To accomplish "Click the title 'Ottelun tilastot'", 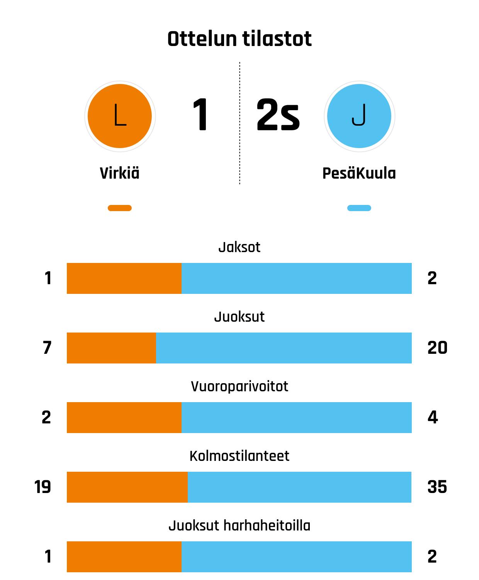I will (x=239, y=39).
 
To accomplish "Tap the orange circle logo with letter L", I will (x=120, y=116).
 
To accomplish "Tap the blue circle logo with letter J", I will (x=359, y=116).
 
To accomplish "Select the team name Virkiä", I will (x=120, y=173).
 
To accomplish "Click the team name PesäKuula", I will (x=359, y=173).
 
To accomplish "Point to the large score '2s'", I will (x=278, y=115).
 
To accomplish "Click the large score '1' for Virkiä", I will (x=200, y=115).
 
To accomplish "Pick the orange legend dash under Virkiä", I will (x=120, y=208).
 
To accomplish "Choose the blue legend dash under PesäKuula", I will (x=359, y=208).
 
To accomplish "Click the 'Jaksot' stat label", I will (x=239, y=247).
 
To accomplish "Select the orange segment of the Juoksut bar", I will (x=111, y=348).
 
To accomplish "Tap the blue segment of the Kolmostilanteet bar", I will (x=299, y=487).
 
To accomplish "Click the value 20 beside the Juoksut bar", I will (x=437, y=348).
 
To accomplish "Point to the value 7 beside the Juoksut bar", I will (x=47, y=348).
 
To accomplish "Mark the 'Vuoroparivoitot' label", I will (x=239, y=386).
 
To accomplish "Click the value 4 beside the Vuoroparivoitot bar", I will (x=433, y=417).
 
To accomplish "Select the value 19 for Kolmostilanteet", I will (x=42, y=487).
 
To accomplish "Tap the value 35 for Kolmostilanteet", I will (x=437, y=487).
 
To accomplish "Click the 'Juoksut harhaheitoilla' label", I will (x=239, y=525).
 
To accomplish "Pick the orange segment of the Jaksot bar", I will (x=124, y=278).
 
